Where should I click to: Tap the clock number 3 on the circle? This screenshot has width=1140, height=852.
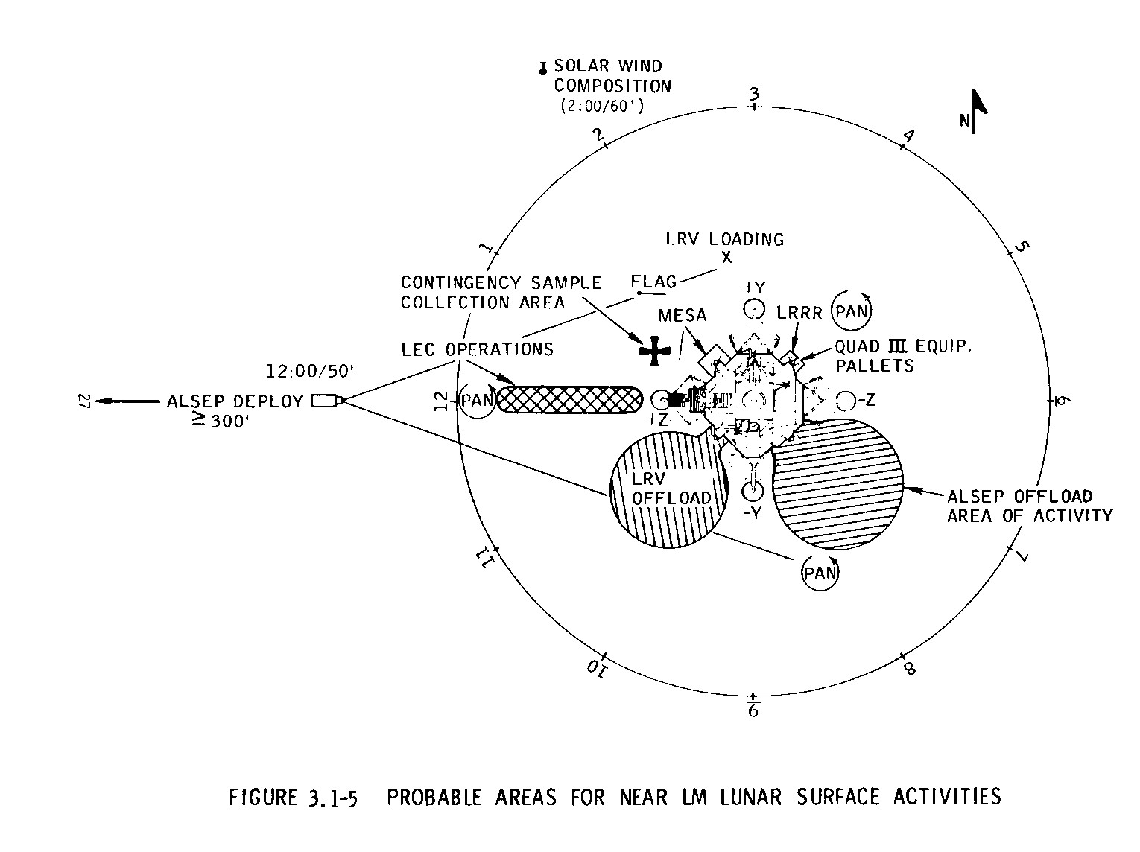754,94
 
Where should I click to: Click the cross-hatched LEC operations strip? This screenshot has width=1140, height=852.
569,399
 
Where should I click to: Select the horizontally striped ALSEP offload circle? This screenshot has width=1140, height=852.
838,484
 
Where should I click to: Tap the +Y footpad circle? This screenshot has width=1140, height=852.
754,310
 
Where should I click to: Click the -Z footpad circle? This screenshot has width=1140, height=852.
843,401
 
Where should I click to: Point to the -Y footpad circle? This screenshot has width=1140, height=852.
753,491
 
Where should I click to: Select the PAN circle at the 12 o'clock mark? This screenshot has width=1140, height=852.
477,400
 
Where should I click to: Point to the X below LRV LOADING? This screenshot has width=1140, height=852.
726,257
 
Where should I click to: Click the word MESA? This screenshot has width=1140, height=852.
683,315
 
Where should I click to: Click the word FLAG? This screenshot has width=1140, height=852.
653,282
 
